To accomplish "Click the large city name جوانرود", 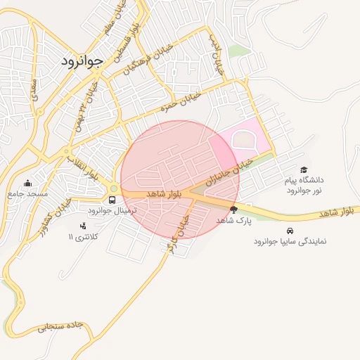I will click(82, 60).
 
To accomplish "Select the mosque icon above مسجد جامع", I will click(27, 183).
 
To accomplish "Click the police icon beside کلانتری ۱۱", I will click(84, 226).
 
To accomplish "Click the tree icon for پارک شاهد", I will click(233, 210).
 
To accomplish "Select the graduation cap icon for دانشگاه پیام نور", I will click(304, 169).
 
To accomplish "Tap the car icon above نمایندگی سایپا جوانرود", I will click(290, 231).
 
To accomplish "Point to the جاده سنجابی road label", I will click(61, 326).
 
